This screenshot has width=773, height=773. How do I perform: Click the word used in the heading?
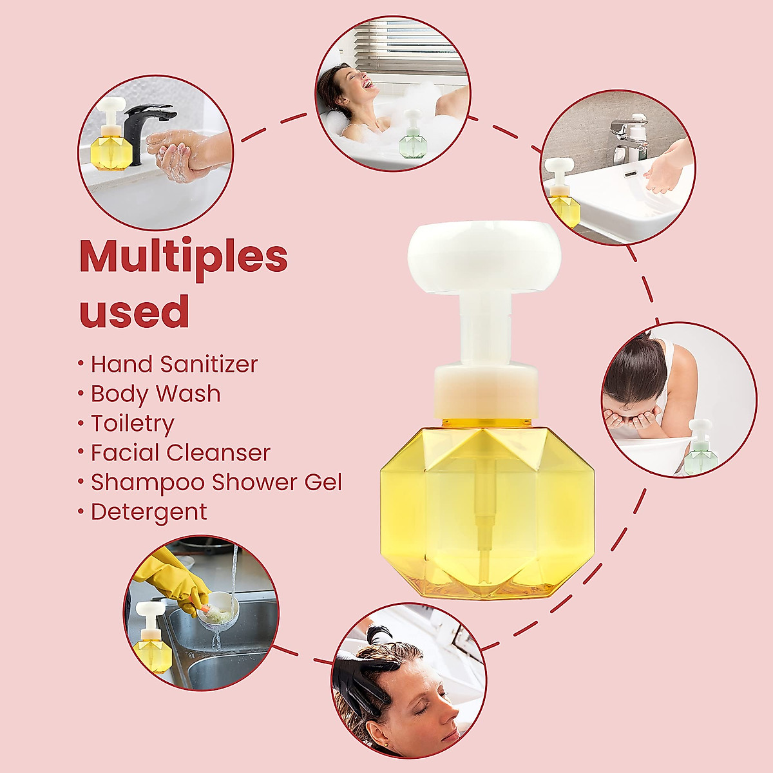click(x=134, y=311)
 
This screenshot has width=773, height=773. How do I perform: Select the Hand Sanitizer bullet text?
click(x=174, y=364)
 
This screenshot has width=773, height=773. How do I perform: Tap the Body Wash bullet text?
click(x=155, y=394)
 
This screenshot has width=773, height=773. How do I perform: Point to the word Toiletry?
click(x=132, y=423)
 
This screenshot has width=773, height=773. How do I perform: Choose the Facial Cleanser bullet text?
click(x=180, y=453)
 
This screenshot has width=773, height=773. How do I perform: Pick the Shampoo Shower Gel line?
click(x=216, y=482)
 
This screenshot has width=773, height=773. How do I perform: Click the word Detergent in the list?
click(x=149, y=512)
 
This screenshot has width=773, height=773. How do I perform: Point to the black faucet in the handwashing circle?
click(x=144, y=126)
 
